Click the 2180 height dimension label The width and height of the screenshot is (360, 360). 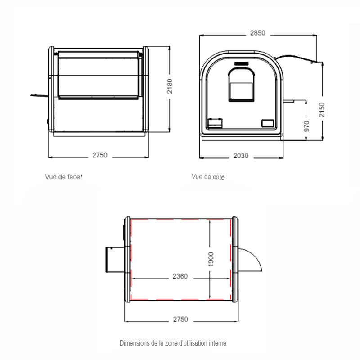pyautogui.click(x=170, y=86)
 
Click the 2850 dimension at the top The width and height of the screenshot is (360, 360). pyautogui.click(x=257, y=33)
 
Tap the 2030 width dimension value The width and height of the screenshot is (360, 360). pyautogui.click(x=241, y=156)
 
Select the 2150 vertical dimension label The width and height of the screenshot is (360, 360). pyautogui.click(x=322, y=110)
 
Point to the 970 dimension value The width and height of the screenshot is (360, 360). pyautogui.click(x=306, y=126)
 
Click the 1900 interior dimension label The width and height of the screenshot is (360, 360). pyautogui.click(x=211, y=260)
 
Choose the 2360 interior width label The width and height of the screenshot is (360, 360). pyautogui.click(x=180, y=276)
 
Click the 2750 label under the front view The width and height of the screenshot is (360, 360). pyautogui.click(x=100, y=155)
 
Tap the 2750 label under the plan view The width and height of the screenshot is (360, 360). pyautogui.click(x=180, y=319)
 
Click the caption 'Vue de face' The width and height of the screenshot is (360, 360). pyautogui.click(x=63, y=177)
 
